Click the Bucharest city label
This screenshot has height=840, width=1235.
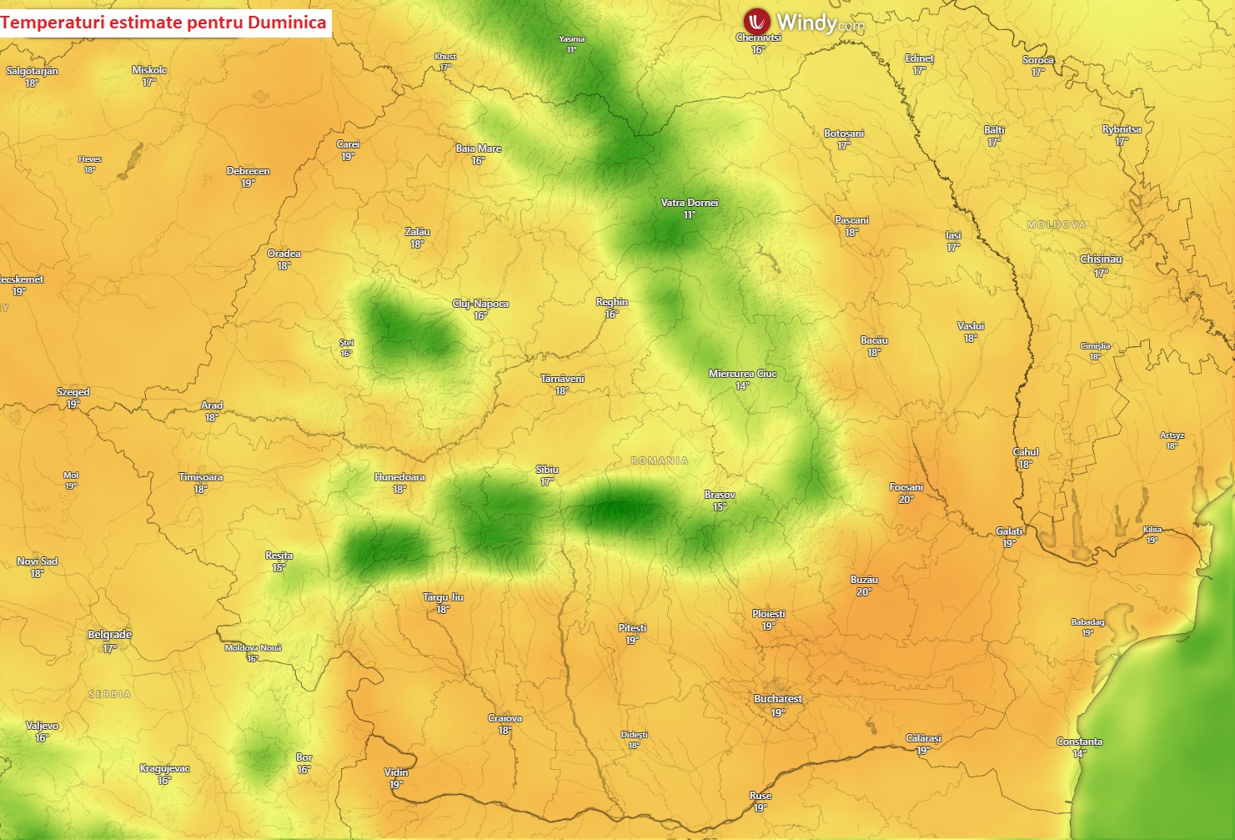coord(778,699)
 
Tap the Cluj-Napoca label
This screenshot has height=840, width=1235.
coord(480,304)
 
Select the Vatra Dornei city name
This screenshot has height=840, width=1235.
coord(689,203)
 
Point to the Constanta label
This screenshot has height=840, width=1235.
coord(1079,742)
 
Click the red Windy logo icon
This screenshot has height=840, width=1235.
coord(757,22)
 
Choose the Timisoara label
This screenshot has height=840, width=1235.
coord(201,477)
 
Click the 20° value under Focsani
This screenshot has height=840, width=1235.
coord(906,500)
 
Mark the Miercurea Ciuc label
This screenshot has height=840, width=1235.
coord(742,374)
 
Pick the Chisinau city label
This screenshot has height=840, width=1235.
coord(1101,259)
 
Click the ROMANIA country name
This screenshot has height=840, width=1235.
coord(660,460)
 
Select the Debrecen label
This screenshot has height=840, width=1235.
coord(248,171)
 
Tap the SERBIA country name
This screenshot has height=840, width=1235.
coord(110,694)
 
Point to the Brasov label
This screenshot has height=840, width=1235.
coord(720,495)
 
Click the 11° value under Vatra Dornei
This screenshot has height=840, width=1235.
coord(689,215)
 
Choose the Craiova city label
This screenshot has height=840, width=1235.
coord(505,718)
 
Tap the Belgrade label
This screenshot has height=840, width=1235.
coord(109,635)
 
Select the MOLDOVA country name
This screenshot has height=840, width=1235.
coord(1056,225)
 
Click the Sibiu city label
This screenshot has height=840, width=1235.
coord(547,470)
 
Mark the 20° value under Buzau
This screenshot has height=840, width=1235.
coord(863,592)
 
